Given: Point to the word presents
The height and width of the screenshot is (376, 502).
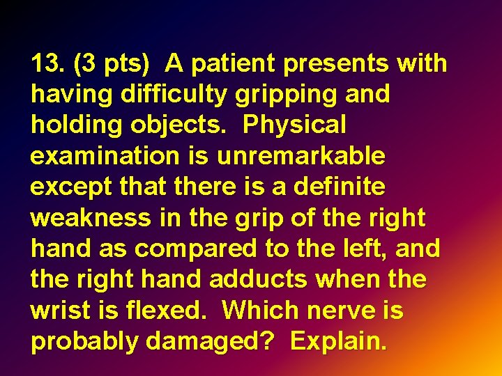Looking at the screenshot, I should click(337, 64).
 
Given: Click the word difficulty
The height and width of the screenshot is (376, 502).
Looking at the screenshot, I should click(157, 95).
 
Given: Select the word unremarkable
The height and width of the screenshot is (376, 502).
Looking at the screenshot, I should click(301, 156).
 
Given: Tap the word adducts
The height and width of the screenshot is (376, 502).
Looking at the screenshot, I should click(258, 280).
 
